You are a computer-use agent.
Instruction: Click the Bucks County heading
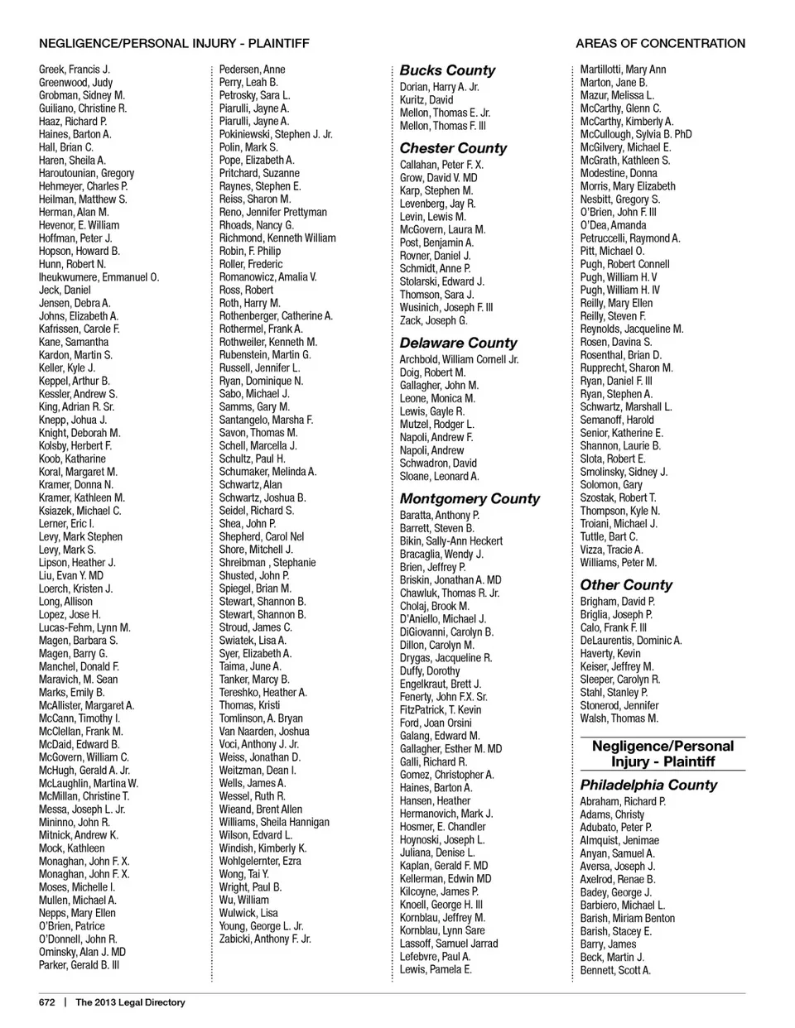tap(447, 70)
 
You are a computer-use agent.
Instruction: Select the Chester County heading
tap(453, 148)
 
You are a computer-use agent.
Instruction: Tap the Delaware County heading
tap(458, 343)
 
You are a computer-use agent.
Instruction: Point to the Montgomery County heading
tap(470, 498)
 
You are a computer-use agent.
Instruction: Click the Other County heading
tap(626, 584)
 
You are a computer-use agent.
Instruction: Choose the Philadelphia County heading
tap(648, 785)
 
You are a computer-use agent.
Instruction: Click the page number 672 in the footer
tap(46, 1002)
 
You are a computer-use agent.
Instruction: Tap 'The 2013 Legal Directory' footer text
tap(130, 1002)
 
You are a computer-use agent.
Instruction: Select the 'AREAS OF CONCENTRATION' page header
tap(660, 43)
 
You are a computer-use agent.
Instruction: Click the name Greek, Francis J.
tap(75, 70)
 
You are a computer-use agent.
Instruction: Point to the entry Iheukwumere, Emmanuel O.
tap(99, 277)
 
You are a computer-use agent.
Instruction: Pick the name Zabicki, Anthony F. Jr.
tap(265, 939)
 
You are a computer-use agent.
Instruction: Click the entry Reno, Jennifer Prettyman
tap(272, 212)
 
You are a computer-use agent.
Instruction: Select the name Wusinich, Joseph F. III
tap(446, 307)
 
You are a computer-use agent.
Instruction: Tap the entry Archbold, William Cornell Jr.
tap(459, 359)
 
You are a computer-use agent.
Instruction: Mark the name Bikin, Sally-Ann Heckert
tap(451, 540)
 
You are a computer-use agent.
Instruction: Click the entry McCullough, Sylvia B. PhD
tap(636, 134)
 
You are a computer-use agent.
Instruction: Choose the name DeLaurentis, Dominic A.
tap(631, 640)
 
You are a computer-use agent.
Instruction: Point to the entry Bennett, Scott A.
tap(615, 970)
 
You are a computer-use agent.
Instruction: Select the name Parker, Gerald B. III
tap(79, 965)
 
